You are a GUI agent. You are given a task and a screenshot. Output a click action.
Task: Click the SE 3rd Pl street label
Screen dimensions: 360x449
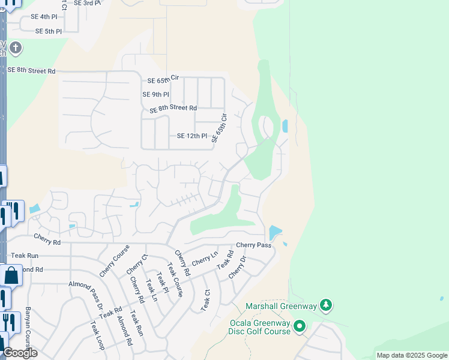88,3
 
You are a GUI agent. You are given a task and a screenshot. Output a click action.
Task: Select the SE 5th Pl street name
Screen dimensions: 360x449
48,31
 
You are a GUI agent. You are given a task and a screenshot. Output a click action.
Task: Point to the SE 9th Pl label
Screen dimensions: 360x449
155,94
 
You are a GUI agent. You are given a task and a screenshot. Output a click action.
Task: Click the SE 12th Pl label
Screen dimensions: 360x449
191,136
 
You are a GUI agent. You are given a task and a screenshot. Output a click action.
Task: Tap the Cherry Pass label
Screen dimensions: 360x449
253,245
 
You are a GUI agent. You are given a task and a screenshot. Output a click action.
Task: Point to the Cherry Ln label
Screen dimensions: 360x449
205,259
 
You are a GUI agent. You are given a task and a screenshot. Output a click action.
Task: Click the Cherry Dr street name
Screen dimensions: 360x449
238,267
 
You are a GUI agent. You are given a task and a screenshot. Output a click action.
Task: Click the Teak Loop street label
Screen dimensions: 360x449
97,336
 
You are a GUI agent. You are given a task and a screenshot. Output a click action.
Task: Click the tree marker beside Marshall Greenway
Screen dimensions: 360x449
326,305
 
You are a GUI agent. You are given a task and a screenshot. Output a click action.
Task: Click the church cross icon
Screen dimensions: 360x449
16,47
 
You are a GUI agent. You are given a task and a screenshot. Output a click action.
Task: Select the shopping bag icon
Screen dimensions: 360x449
11,275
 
